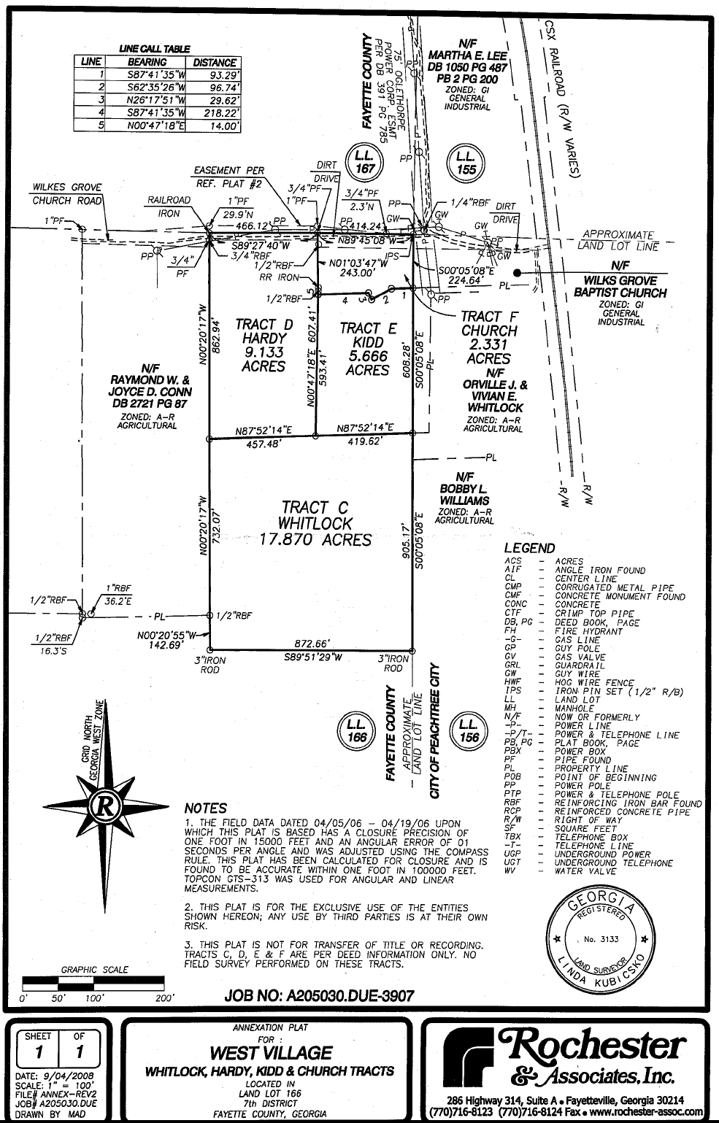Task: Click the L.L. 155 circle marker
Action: (465, 163)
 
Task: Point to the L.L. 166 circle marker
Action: (356, 730)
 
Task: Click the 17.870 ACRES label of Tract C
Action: (315, 540)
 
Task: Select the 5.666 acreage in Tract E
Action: (368, 356)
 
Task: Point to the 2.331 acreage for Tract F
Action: (488, 344)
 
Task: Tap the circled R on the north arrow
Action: (105, 807)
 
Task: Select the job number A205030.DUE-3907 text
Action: (320, 995)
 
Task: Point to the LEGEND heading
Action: (529, 548)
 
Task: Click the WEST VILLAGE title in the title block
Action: (270, 1053)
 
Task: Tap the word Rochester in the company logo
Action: (591, 1046)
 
